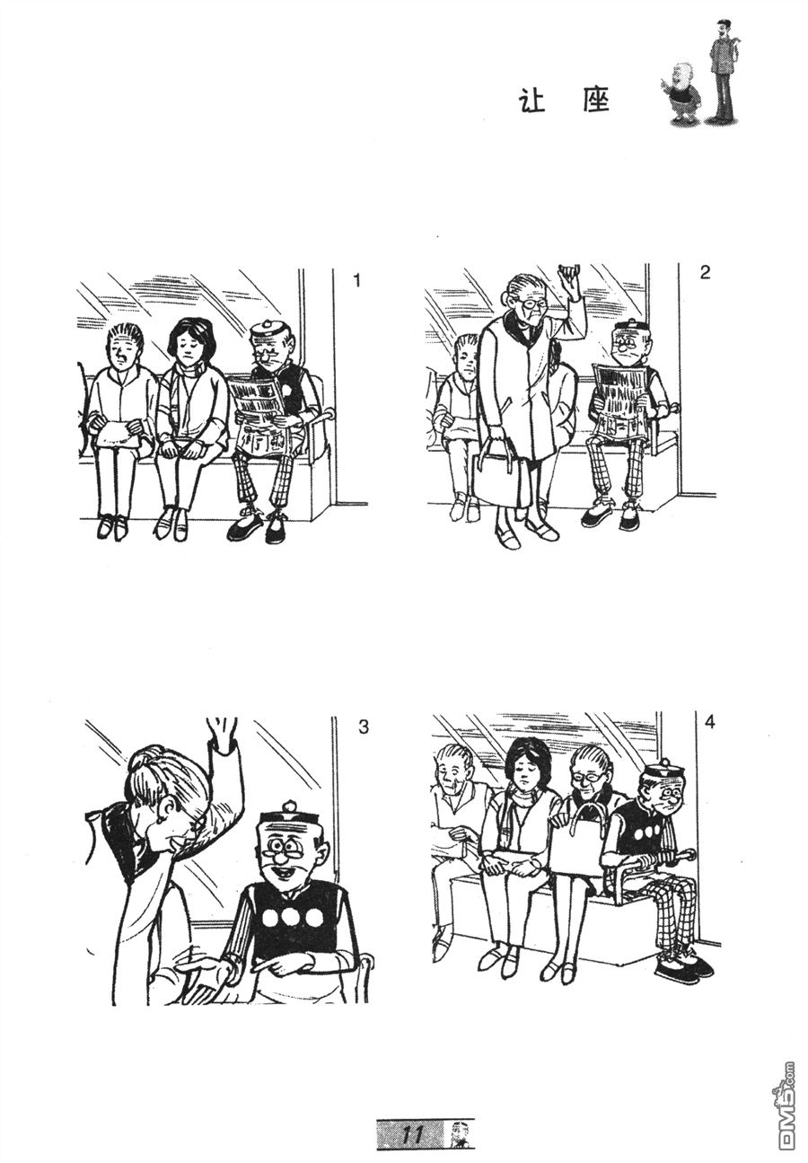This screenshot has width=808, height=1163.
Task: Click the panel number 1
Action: coord(356,280)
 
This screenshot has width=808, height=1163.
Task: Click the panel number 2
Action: coord(705,272)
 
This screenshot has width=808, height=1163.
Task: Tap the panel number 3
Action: coord(363,727)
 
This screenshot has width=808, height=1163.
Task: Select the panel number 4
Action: coord(709,721)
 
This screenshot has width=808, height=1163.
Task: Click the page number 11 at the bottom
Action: coord(413,1134)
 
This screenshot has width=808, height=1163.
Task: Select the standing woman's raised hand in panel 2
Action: coord(568,280)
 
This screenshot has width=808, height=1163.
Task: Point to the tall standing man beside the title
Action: coord(723,72)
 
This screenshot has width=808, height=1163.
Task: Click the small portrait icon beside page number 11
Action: coord(459,1134)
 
